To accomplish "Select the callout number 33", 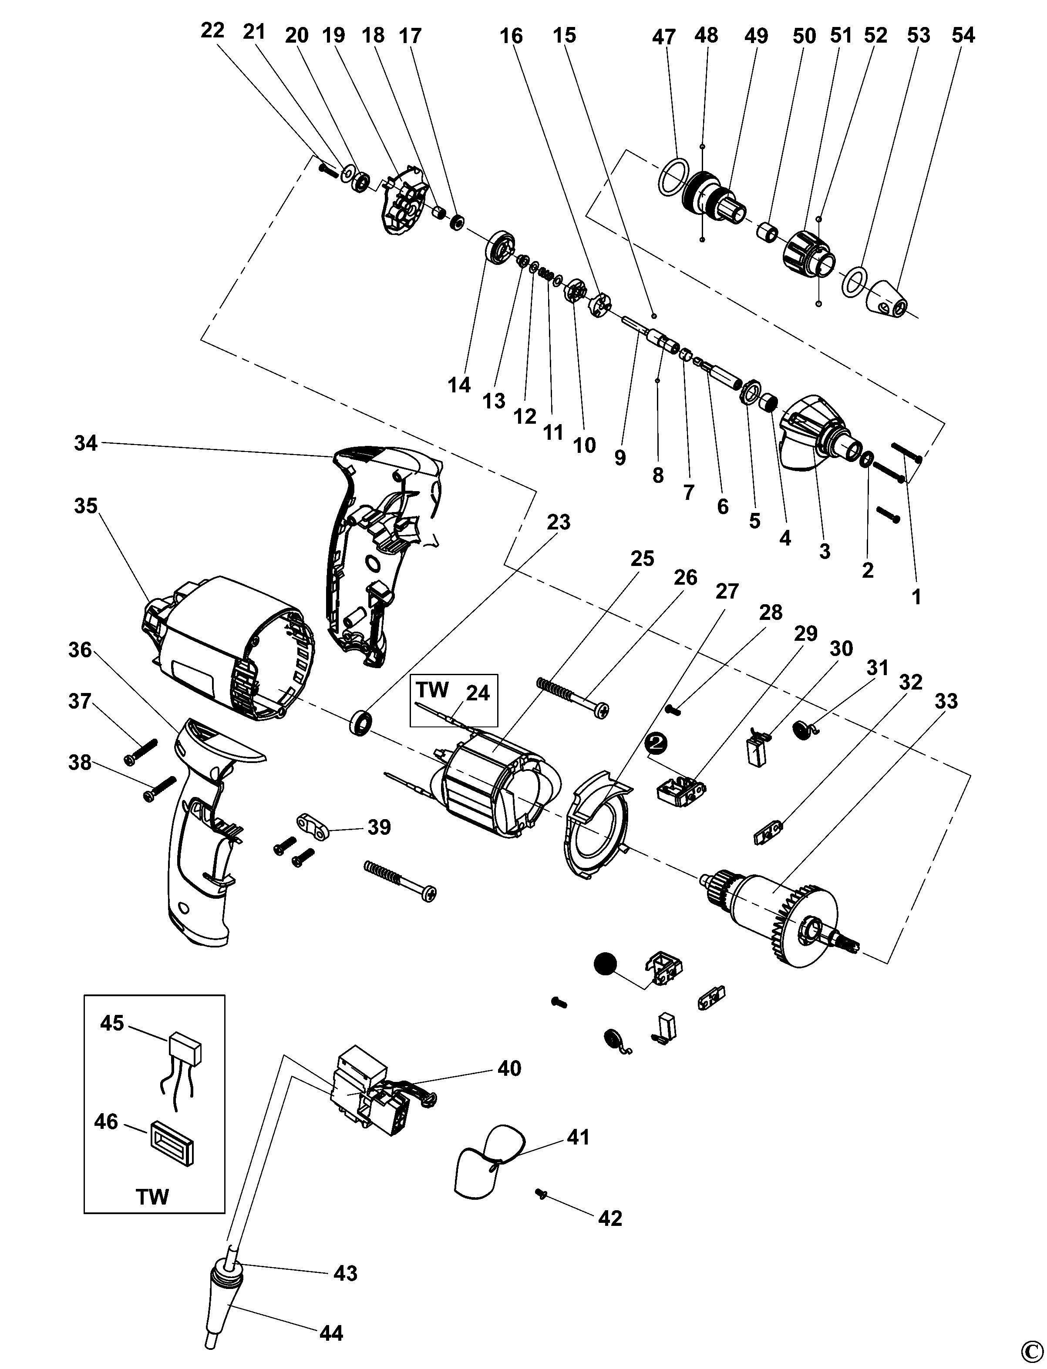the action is [946, 701].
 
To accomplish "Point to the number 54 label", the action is [963, 36].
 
